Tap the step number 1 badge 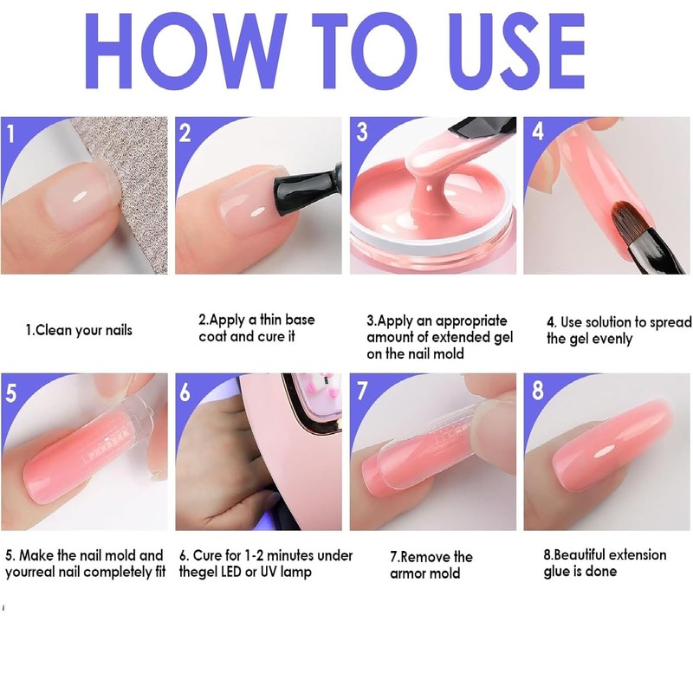click(x=11, y=134)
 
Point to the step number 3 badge click(x=362, y=132)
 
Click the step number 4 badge click(x=537, y=133)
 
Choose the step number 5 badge click(x=11, y=392)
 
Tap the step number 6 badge click(x=185, y=392)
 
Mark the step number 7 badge click(x=362, y=391)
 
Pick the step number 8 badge click(x=537, y=391)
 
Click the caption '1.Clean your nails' click(x=79, y=330)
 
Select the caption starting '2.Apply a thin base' click(x=256, y=328)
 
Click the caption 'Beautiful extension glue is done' click(x=605, y=562)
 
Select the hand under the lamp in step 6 click(x=217, y=476)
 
